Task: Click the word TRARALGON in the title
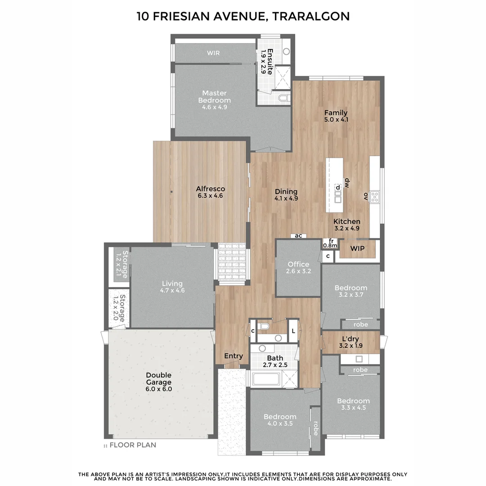click(310, 17)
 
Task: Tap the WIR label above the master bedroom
click(213, 53)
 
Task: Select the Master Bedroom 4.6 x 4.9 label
click(214, 100)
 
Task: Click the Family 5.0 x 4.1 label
click(336, 116)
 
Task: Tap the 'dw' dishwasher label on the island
click(347, 182)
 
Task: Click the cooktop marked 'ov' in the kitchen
click(374, 197)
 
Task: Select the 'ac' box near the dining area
click(298, 236)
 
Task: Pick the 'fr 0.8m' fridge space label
click(330, 243)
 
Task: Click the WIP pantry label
click(357, 248)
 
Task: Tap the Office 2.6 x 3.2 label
click(298, 268)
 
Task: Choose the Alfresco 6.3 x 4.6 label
click(210, 192)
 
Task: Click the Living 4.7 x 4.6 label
click(172, 287)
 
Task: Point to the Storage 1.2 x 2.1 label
click(121, 265)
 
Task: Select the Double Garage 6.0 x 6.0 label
click(158, 382)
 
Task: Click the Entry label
click(234, 356)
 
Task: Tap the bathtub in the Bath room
click(266, 379)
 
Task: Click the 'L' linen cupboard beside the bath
click(293, 331)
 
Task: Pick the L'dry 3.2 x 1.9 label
click(351, 342)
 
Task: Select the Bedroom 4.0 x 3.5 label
click(280, 420)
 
